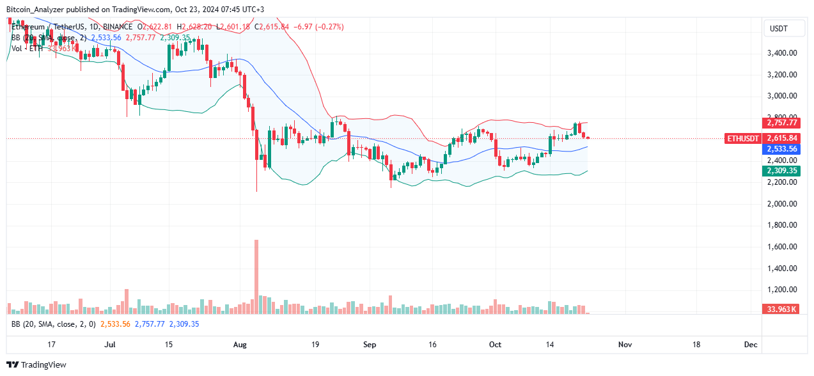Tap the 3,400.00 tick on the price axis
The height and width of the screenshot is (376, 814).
pos(781,53)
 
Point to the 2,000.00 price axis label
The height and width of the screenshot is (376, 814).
pos(781,204)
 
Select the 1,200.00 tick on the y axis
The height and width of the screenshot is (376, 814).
pos(781,290)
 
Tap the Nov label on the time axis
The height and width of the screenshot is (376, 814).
pos(625,345)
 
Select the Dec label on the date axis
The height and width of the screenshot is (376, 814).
pos(751,345)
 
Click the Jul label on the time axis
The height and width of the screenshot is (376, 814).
pos(109,345)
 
